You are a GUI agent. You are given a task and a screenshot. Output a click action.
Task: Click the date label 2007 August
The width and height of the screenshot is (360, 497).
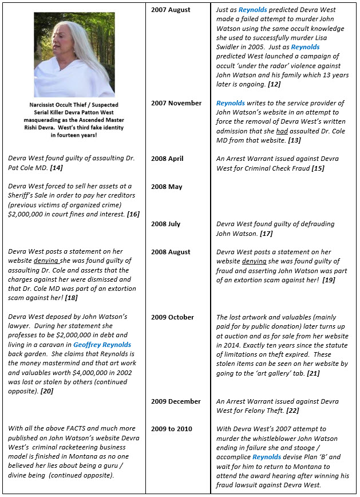coord(171,10)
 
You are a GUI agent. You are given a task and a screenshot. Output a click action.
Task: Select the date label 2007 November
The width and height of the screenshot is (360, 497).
coord(176,103)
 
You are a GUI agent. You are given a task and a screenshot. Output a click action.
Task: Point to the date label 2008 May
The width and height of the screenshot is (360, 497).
coord(167,187)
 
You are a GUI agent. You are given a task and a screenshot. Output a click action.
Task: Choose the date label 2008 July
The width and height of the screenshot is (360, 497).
coord(166,224)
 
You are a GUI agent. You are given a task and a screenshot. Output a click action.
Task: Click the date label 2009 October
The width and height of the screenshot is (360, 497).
coord(172,317)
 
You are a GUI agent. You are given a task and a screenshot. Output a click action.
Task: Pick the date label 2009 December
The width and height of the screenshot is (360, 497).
coord(176,401)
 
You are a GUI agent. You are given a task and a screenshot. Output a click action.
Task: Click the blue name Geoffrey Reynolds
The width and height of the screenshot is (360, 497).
coord(102,345)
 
